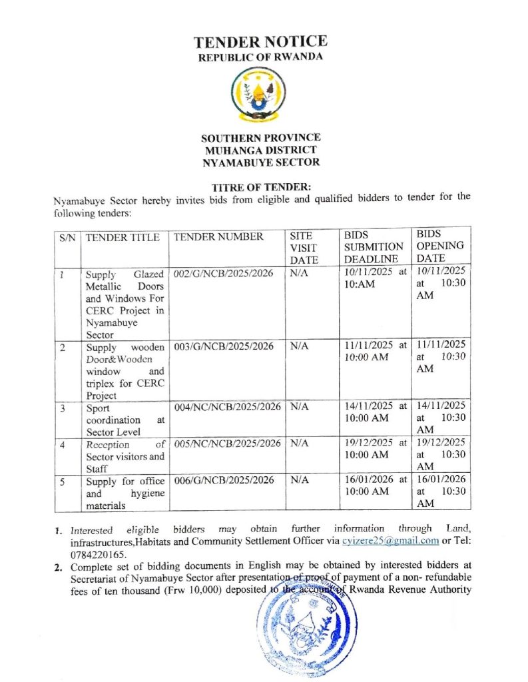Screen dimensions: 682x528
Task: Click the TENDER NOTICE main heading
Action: (260, 42)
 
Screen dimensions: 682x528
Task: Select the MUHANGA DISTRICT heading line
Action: (260, 150)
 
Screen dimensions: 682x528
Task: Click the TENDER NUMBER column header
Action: (218, 237)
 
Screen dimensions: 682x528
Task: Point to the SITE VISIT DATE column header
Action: (304, 248)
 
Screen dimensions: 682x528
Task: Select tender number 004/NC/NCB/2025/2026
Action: (227, 406)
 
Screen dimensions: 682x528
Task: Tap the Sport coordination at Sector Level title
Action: (125, 420)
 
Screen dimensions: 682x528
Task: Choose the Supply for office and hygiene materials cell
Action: (125, 494)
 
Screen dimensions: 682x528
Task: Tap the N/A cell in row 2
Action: (300, 346)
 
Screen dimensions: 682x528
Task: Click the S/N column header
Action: (67, 237)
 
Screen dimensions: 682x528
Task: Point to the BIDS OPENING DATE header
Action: (440, 246)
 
